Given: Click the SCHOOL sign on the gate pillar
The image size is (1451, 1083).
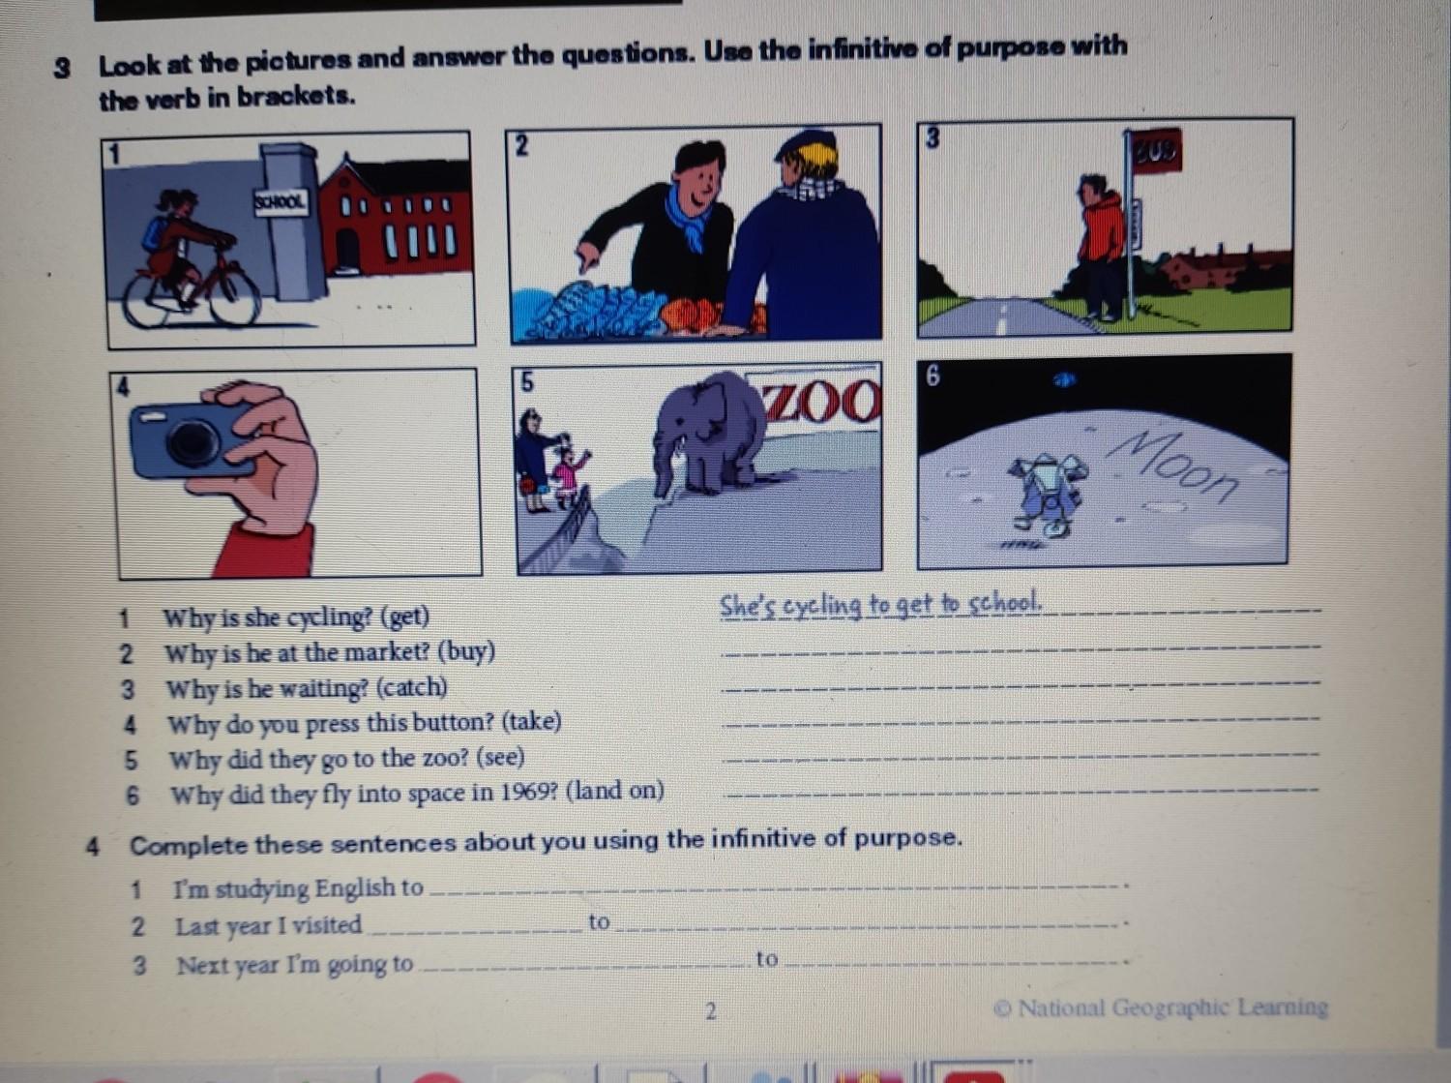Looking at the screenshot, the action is [x=281, y=201].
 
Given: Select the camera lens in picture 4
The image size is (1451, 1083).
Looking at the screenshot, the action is [x=192, y=441].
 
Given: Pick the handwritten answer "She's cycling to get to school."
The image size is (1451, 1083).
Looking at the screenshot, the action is [x=880, y=606].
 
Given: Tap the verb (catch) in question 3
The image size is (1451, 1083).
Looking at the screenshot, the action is [x=412, y=688].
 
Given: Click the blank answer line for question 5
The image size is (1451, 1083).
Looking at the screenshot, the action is [x=1021, y=757].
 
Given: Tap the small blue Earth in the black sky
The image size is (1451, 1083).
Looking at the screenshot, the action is [x=1064, y=379].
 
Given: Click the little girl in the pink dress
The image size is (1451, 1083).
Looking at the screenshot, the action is [x=568, y=471].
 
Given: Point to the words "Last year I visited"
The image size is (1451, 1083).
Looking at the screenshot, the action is [x=268, y=926].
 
